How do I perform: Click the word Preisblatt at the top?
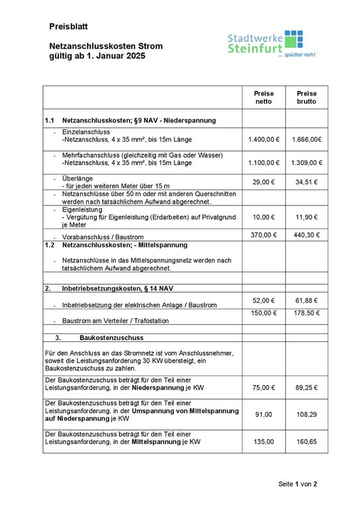(x=68, y=27)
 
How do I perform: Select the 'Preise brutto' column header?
(x=306, y=98)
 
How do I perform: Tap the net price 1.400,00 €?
(x=264, y=140)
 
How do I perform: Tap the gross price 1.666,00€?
(x=306, y=140)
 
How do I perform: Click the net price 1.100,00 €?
(x=264, y=162)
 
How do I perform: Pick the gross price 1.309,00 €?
(x=306, y=162)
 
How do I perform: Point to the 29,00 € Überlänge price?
(x=264, y=182)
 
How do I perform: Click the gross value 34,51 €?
(x=306, y=182)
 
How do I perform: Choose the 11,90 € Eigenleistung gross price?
(x=306, y=217)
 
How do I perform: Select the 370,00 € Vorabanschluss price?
(x=264, y=235)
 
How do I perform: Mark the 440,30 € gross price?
(x=306, y=235)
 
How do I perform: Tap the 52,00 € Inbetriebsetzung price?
(x=264, y=300)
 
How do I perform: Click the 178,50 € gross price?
(x=306, y=313)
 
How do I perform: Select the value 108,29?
(x=306, y=414)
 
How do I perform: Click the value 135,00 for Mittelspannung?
(x=264, y=440)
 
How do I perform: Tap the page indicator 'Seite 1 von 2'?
(x=298, y=484)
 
